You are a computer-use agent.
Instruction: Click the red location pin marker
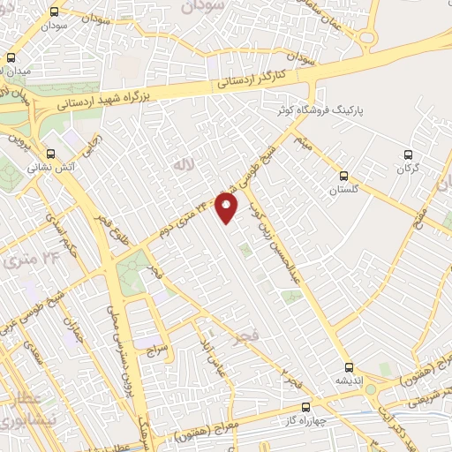pyautogui.click(x=228, y=208)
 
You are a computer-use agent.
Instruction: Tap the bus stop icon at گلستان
pyautogui.click(x=344, y=175)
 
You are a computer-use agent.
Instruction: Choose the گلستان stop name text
pyautogui.click(x=346, y=190)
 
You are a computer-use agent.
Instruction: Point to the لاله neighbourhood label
pyautogui.click(x=183, y=164)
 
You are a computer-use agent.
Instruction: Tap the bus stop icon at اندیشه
pyautogui.click(x=349, y=366)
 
